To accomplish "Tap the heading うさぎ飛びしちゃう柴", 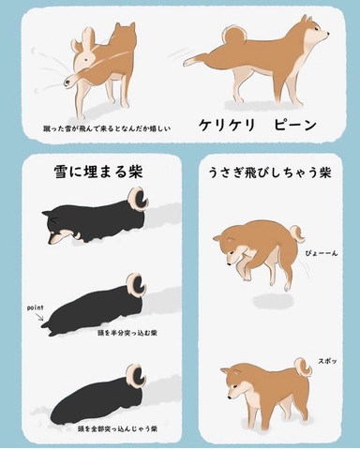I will pyautogui.click(x=270, y=172).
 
